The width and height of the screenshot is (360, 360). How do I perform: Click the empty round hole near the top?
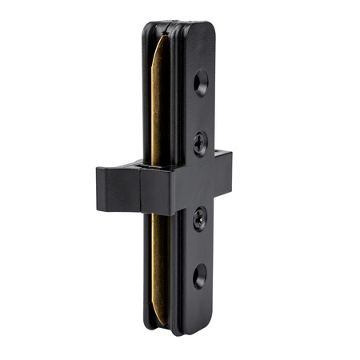pos(201,82)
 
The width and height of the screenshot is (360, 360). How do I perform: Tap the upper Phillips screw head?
pos(200,144)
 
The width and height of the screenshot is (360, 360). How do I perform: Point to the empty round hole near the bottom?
pos(199,276)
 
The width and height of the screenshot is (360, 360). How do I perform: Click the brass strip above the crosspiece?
pos(161,104)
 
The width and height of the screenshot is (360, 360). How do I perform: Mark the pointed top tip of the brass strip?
pos(166,36)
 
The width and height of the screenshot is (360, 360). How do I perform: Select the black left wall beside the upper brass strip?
pos(148,104)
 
